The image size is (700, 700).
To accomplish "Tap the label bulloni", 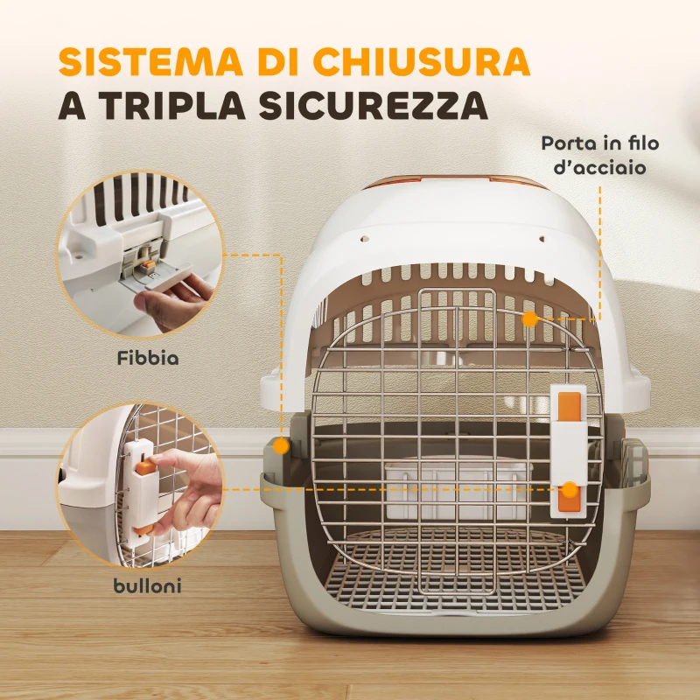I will [147, 586].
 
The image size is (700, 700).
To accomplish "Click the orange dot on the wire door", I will [529, 318].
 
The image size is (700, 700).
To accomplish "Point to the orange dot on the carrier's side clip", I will [280, 445].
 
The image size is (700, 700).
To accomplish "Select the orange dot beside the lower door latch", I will [570, 490].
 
